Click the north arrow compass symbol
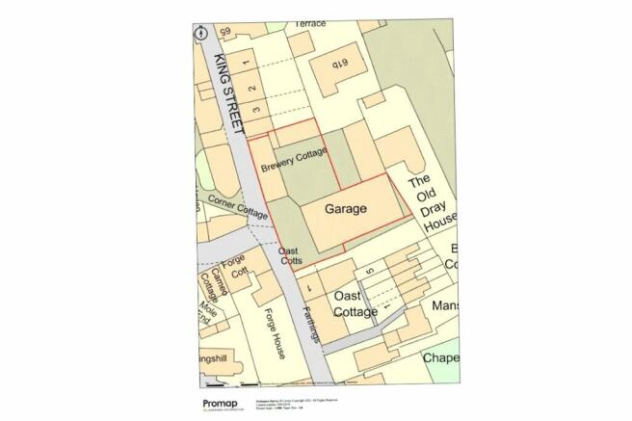[201, 32]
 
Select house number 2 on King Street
[251, 89]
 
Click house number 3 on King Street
[255, 112]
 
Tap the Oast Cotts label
[292, 256]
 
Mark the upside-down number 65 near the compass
[226, 33]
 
